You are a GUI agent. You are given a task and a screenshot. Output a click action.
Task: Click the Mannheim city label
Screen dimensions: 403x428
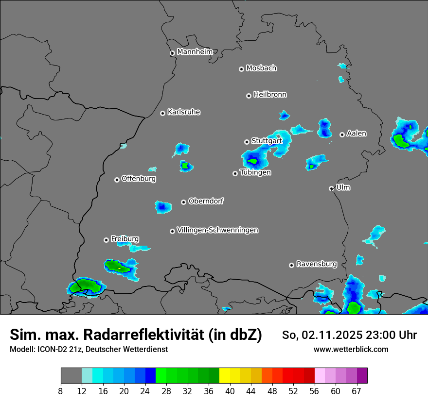pos(195,52)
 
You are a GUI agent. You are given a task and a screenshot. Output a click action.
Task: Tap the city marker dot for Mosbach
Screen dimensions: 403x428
pos(241,69)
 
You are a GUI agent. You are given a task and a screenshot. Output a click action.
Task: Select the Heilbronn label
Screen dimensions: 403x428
pos(270,95)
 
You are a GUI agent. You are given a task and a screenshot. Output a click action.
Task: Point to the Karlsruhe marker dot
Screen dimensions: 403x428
pos(162,113)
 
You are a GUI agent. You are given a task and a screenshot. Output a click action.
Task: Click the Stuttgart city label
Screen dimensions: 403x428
pos(267,141)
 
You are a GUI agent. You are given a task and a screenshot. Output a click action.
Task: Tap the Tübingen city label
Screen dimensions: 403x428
pos(255,172)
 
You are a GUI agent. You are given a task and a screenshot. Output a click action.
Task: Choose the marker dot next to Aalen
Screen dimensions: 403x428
pos(342,134)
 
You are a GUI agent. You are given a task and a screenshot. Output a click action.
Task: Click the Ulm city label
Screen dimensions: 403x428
pos(343,187)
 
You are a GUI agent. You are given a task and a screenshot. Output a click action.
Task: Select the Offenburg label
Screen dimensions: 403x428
pos(139,179)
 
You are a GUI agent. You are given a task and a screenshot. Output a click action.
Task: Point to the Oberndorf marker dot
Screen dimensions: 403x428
pos(183,202)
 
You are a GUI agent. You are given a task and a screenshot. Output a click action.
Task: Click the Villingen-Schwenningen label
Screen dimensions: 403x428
pos(217,230)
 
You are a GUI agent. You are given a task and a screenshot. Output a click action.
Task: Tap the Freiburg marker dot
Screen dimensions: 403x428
pos(106,240)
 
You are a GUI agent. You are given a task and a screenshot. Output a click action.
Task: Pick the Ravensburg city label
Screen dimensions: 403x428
pos(317,264)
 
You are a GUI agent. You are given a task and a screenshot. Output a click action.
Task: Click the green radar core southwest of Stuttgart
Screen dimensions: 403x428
pos(252,161)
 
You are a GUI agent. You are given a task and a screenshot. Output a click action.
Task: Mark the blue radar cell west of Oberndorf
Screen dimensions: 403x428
pos(163,207)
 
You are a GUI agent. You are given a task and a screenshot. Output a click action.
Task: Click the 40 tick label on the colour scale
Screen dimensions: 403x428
pos(230,391)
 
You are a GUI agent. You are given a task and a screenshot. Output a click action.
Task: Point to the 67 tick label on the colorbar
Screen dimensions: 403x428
pos(357,391)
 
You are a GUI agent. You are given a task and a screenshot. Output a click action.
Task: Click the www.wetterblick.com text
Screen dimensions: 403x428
pos(351,349)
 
